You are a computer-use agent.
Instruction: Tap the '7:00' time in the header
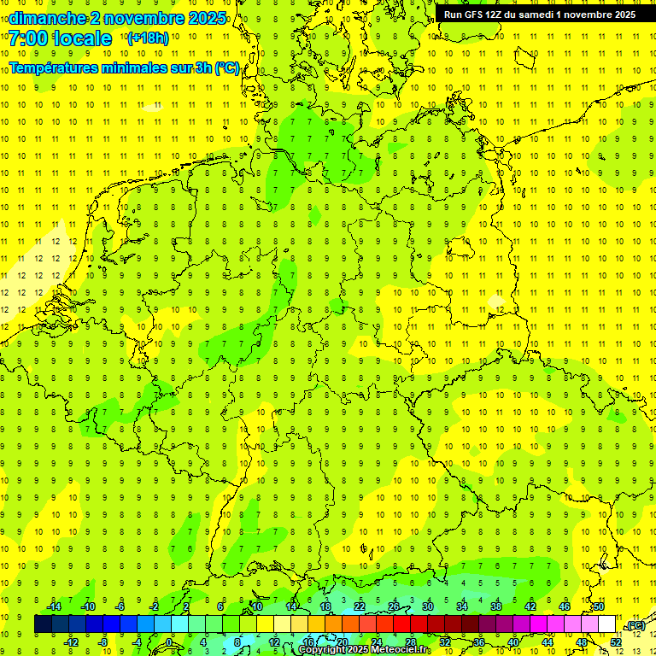29,38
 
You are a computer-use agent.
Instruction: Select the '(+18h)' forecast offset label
148,38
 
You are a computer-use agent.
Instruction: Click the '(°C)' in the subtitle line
227,68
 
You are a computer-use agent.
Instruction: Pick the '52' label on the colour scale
616,642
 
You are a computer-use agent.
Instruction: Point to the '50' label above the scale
599,606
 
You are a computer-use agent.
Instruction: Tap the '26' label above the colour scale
394,606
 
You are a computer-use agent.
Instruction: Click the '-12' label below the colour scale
71,642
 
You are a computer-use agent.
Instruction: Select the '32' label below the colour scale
445,642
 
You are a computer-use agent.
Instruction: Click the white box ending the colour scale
607,624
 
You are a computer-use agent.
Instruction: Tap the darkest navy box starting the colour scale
43,624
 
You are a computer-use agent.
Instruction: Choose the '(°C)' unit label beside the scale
635,626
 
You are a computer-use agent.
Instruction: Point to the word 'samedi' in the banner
534,15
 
